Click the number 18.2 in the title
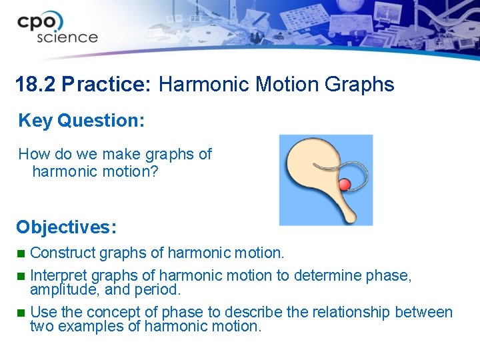click(35, 85)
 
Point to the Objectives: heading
click(67, 227)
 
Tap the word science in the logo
click(67, 37)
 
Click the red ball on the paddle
click(345, 185)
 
